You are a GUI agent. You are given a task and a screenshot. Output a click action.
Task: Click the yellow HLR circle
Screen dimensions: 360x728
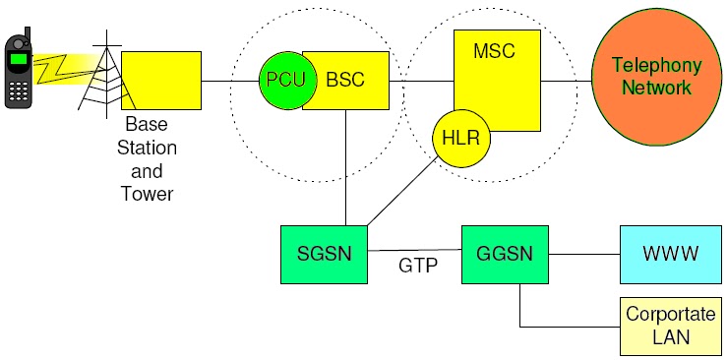(461, 137)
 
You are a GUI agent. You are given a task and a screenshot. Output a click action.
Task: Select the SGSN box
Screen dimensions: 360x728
(324, 253)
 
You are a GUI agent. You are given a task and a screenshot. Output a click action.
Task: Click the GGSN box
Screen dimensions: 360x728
(505, 253)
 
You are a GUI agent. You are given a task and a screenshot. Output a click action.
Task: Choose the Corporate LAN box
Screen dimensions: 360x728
(670, 327)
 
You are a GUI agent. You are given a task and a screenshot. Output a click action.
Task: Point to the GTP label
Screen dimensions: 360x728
(417, 266)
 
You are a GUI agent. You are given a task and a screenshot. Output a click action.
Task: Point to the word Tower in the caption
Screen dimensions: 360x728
(147, 194)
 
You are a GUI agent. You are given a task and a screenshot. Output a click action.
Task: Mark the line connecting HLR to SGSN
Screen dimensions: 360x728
(403, 192)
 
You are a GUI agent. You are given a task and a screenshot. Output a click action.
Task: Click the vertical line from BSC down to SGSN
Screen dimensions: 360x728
(345, 167)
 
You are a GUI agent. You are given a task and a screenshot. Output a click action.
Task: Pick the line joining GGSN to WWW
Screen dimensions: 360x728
(583, 254)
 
